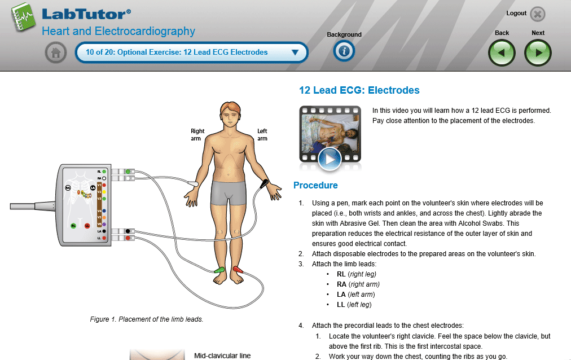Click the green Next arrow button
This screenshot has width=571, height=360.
pyautogui.click(x=538, y=53)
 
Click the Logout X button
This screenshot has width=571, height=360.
pyautogui.click(x=538, y=14)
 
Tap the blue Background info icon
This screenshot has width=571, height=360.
pyautogui.click(x=344, y=51)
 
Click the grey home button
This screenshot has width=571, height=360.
pyautogui.click(x=55, y=53)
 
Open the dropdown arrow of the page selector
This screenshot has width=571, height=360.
pyautogui.click(x=295, y=52)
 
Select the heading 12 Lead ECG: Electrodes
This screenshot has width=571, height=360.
pyautogui.click(x=359, y=90)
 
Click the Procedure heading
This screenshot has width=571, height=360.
pyautogui.click(x=315, y=185)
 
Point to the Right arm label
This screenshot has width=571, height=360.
pyautogui.click(x=197, y=134)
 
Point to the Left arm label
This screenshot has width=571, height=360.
pyautogui.click(x=262, y=134)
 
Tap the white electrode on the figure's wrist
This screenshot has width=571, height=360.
pyautogui.click(x=192, y=183)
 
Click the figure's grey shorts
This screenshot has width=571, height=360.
pyautogui.click(x=229, y=194)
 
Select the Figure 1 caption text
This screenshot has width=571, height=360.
pyautogui.click(x=147, y=319)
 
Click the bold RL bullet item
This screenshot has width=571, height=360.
pyautogui.click(x=341, y=274)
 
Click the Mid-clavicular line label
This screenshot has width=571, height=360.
pyautogui.click(x=222, y=356)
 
